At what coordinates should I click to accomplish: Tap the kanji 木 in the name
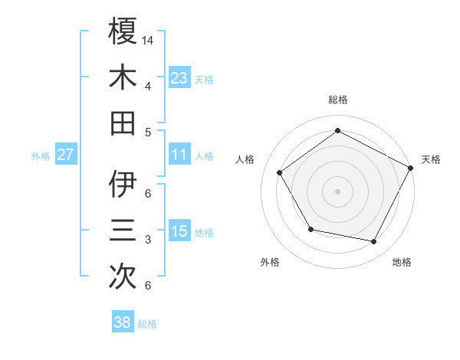tap(123, 77)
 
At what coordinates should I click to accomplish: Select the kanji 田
tap(123, 123)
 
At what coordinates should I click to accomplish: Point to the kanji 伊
tap(123, 185)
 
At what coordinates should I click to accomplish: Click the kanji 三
tap(123, 231)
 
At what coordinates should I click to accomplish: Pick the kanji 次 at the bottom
tap(123, 277)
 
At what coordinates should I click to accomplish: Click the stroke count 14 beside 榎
tap(149, 39)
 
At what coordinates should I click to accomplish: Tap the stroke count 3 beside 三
tap(148, 240)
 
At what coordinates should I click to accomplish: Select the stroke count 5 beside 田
tap(148, 132)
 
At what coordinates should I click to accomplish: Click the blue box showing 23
tap(179, 77)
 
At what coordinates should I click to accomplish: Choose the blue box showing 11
tap(179, 155)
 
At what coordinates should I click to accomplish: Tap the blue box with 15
tap(179, 231)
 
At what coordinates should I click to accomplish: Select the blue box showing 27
tap(65, 155)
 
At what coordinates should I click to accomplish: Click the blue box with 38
tap(122, 322)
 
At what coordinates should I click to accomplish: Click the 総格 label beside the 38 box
tap(147, 324)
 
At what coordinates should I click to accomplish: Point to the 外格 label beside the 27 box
tap(41, 156)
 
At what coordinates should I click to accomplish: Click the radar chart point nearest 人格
tap(280, 172)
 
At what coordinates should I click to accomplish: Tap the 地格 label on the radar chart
tap(402, 262)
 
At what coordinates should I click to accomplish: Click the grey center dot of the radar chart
tap(337, 191)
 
